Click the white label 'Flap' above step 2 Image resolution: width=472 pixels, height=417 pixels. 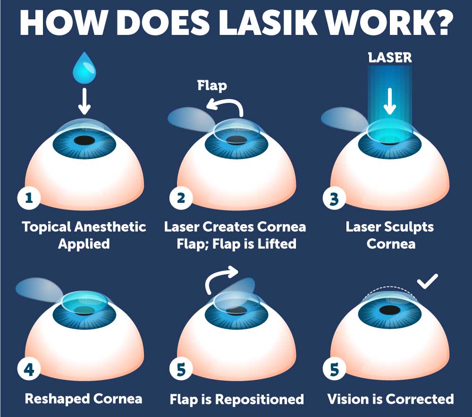point(212,85)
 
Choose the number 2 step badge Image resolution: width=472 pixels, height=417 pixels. point(181,198)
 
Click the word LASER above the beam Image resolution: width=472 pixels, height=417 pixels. point(390,58)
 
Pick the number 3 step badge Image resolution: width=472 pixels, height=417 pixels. point(334,198)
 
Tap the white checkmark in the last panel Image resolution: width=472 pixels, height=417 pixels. point(428,282)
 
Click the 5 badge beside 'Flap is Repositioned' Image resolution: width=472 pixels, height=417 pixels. point(181,369)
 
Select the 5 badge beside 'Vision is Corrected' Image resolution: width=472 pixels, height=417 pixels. point(334,369)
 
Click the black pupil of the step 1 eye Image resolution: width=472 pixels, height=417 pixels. point(84,140)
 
